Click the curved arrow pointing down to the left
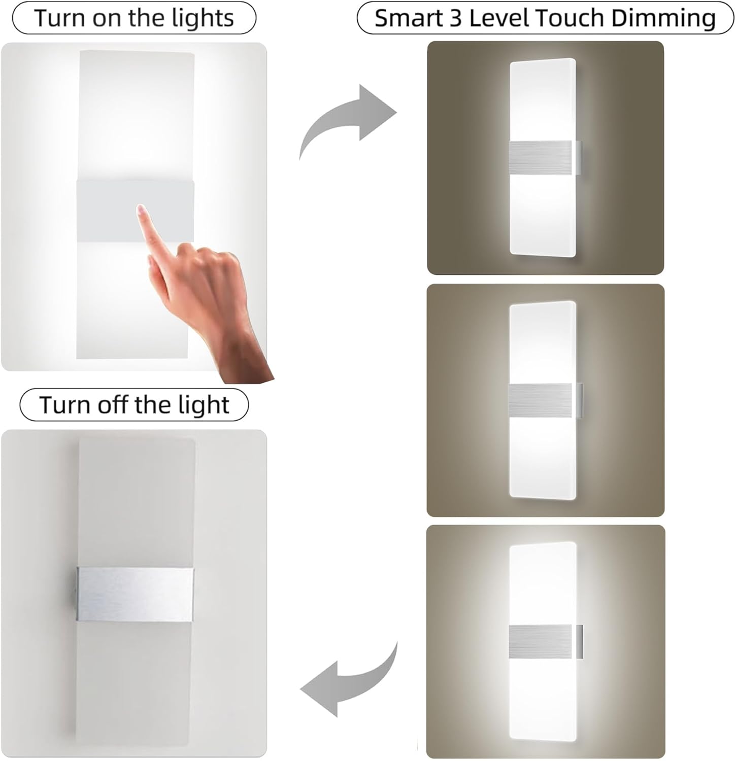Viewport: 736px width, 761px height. (x=350, y=680)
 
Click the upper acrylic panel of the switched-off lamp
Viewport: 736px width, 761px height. (x=136, y=502)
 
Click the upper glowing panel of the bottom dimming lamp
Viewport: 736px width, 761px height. (x=542, y=583)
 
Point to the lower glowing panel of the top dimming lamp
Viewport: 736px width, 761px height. (x=542, y=213)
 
